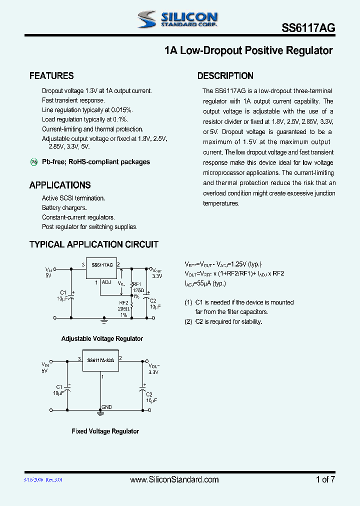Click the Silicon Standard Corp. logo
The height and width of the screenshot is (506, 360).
(x=177, y=19)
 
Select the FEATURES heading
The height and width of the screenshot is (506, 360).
(x=51, y=76)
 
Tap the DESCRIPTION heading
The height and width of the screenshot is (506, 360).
(x=225, y=76)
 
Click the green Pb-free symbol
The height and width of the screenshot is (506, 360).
(x=34, y=162)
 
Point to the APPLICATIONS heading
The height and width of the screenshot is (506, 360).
(x=60, y=185)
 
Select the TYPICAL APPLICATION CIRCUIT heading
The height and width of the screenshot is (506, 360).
(x=94, y=244)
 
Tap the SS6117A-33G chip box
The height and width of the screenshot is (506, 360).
(x=101, y=360)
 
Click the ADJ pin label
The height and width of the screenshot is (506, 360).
(x=106, y=282)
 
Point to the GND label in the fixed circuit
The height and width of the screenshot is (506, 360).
(x=107, y=407)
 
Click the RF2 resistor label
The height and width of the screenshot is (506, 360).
(x=123, y=302)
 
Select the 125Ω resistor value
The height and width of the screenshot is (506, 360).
(x=138, y=290)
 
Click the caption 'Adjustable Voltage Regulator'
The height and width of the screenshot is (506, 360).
(x=102, y=339)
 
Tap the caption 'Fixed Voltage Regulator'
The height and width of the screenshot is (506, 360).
(x=105, y=431)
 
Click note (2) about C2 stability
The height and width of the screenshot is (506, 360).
(x=223, y=321)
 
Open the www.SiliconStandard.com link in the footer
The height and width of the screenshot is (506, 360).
(x=174, y=479)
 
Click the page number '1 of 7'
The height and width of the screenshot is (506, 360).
(x=325, y=479)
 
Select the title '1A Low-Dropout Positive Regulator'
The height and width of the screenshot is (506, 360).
(x=248, y=50)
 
